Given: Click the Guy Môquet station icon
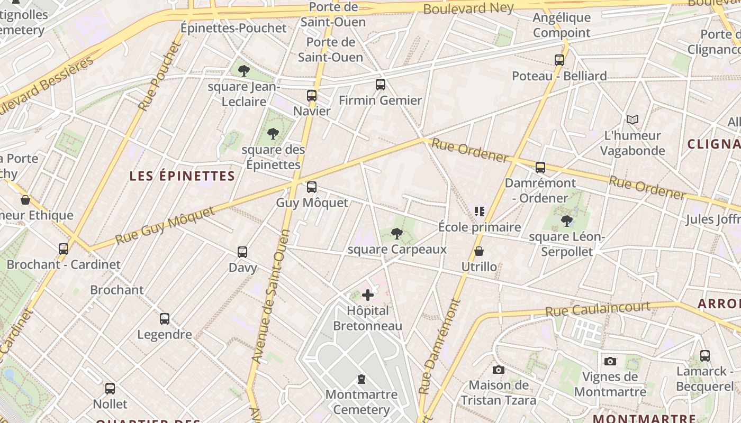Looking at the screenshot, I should (x=312, y=187).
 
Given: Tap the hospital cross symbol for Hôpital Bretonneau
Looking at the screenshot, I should (x=368, y=295).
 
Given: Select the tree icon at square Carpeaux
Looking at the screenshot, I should (x=396, y=233).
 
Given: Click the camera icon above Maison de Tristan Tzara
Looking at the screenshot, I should (x=498, y=370).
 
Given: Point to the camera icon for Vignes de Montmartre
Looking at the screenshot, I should (x=610, y=361).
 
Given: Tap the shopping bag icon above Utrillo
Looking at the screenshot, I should (x=479, y=251).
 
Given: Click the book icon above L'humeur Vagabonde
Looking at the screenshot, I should (x=632, y=119).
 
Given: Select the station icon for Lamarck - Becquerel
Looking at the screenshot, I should (x=704, y=355).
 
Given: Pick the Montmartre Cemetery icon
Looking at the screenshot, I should (x=362, y=379).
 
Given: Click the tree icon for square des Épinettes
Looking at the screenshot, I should (x=273, y=133).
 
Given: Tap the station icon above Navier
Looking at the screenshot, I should (x=312, y=96).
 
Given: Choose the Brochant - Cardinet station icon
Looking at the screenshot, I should (x=64, y=249).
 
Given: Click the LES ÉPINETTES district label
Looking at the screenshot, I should (x=183, y=176).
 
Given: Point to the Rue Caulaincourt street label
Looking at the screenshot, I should (x=598, y=309).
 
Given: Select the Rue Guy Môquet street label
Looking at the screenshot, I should (x=165, y=225).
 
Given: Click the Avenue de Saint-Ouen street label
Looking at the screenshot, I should (x=271, y=296).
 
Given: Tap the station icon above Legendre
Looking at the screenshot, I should (x=165, y=319).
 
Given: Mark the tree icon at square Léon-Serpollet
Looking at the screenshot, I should (x=566, y=220).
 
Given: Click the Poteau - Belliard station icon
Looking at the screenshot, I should (x=559, y=60).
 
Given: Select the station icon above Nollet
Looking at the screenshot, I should (x=110, y=389).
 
